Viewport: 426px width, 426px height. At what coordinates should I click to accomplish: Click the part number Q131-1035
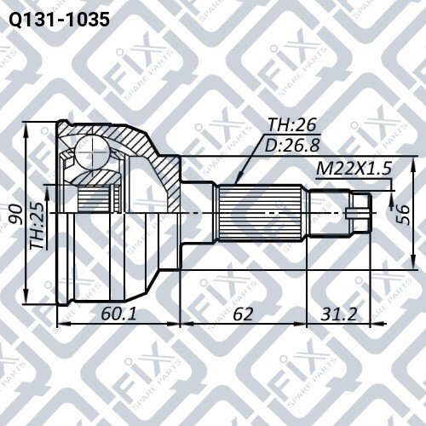(x=59, y=20)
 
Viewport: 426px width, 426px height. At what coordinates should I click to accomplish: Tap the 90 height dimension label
(x=15, y=214)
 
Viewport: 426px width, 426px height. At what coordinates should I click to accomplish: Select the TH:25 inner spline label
(x=37, y=226)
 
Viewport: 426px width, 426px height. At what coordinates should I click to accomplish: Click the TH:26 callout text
(x=292, y=124)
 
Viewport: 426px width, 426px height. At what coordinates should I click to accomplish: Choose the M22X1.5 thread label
(x=354, y=169)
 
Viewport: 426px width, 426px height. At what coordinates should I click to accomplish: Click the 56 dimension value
(x=403, y=214)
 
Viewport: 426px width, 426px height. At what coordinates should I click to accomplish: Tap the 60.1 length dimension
(x=118, y=314)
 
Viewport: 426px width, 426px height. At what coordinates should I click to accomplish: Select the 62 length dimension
(x=243, y=314)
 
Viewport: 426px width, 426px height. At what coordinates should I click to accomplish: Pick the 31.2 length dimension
(x=338, y=314)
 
